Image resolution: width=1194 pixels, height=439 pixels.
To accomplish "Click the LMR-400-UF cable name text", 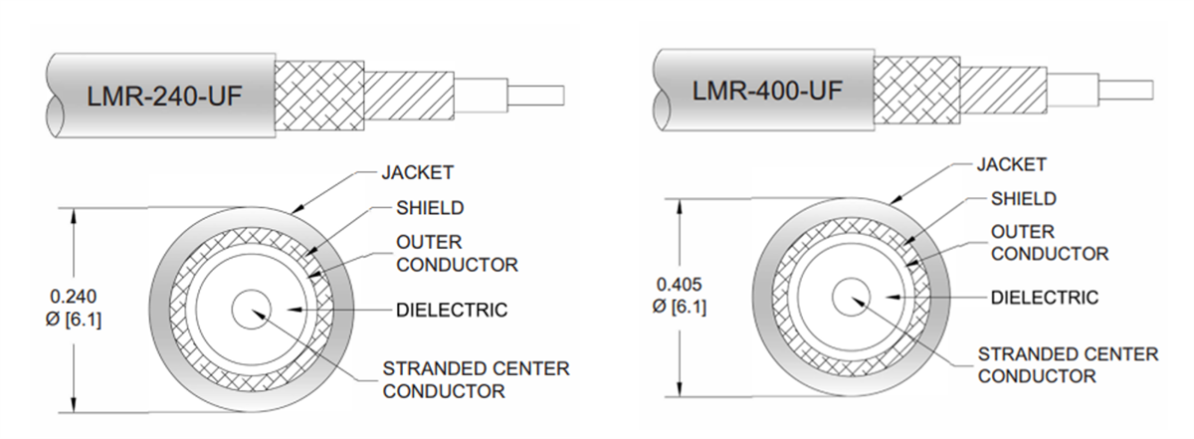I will click(x=767, y=91).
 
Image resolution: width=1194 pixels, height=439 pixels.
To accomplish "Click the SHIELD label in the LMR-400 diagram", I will click(x=1023, y=199).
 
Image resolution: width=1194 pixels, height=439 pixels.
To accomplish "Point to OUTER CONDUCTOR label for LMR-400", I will click(x=1049, y=243).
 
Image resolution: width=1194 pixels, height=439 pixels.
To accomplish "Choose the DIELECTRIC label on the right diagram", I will click(x=1044, y=298).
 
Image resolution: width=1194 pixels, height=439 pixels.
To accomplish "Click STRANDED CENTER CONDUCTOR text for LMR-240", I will click(x=476, y=379).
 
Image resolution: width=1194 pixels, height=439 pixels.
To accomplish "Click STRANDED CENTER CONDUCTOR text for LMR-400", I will click(x=1068, y=364).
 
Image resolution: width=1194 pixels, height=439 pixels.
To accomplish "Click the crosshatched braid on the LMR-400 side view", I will click(x=916, y=87).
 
